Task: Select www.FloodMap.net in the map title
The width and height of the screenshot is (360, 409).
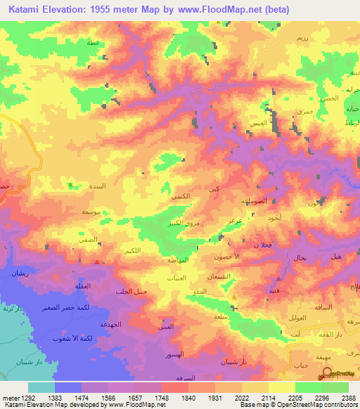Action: [x=219, y=10]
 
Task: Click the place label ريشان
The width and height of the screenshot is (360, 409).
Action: [x=19, y=273]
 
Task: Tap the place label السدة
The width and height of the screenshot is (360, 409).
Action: [x=96, y=188]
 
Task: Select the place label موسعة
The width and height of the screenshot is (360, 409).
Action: [x=90, y=212]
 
